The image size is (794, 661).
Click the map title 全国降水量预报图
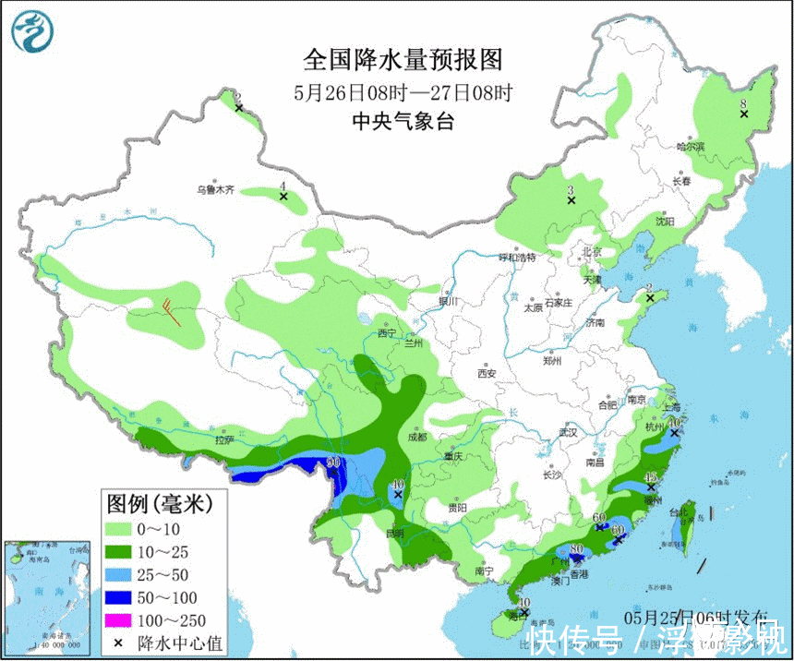pos(403,60)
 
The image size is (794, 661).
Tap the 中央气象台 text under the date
pos(403,121)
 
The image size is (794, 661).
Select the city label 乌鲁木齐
pos(214,190)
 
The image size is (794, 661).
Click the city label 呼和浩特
pos(517,258)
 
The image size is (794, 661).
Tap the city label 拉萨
pos(223,440)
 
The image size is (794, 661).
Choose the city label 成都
pos(415,437)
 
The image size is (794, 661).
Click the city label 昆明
pos(395,533)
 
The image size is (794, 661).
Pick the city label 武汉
pos(568,432)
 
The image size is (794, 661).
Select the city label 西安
pos(487,374)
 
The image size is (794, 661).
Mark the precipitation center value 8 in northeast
pos(743,105)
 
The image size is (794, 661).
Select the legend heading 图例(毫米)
pos(160,503)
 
